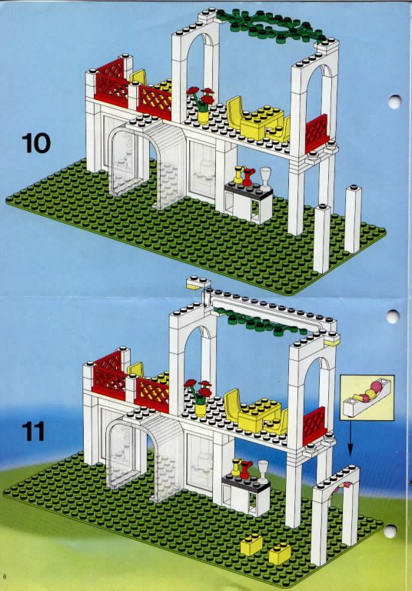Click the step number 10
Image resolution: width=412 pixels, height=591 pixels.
pos(36,143)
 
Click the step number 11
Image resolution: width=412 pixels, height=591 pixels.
pos(33,432)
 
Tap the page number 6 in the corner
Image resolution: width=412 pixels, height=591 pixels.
pos(5,576)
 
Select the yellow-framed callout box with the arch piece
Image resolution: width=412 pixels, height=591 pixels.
pos(367,397)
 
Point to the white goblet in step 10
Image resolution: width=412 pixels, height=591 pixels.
pos(265,179)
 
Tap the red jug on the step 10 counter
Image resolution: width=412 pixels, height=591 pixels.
pos(248,176)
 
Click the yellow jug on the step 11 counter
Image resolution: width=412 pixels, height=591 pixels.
pos(237,466)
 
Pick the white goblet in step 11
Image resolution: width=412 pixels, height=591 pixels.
pos(263,472)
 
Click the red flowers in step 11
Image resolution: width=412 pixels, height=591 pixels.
pos(198,390)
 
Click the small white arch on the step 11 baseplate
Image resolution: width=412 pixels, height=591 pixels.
pos(335,513)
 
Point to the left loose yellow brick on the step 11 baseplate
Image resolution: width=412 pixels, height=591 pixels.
pos(251,545)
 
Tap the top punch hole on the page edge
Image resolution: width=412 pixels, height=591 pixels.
pos(394,101)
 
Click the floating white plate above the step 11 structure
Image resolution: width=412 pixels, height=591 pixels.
pos(198,282)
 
